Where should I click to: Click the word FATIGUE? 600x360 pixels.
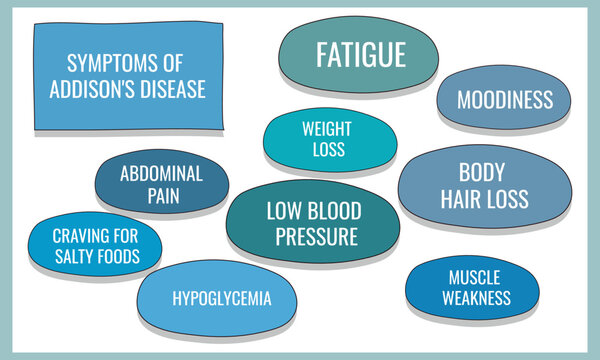tap(361, 54)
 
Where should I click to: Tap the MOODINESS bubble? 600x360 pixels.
tap(504, 100)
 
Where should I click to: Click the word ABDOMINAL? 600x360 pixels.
tap(161, 173)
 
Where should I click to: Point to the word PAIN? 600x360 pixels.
tap(162, 196)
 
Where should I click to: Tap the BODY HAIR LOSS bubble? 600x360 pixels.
tap(484, 186)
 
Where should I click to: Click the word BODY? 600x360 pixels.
tap(484, 172)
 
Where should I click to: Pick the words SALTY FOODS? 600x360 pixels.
tap(97, 257)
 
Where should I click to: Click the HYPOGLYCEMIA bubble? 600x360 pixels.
tap(221, 299)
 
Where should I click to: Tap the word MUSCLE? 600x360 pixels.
tap(473, 277)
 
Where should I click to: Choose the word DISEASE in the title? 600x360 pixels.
tap(174, 89)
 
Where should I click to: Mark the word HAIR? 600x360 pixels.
tap(463, 199)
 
